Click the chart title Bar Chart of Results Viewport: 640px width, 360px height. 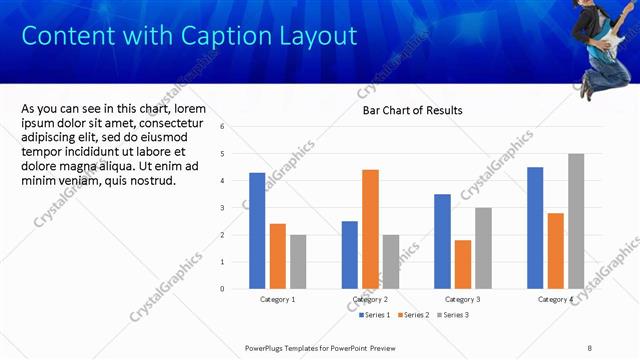(412, 111)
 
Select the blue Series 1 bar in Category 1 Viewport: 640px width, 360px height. (257, 230)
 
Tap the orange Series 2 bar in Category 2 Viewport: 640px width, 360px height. (370, 229)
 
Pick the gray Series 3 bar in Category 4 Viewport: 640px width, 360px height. (576, 221)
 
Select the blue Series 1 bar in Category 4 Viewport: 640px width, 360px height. (535, 227)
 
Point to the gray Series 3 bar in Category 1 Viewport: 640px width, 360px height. (299, 261)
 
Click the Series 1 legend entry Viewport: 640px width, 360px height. (376, 315)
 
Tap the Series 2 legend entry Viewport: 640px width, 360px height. (412, 315)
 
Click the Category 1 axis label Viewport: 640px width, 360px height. (277, 299)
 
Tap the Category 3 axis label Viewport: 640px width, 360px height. (462, 299)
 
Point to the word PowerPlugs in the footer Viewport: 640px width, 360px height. (268, 347)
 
